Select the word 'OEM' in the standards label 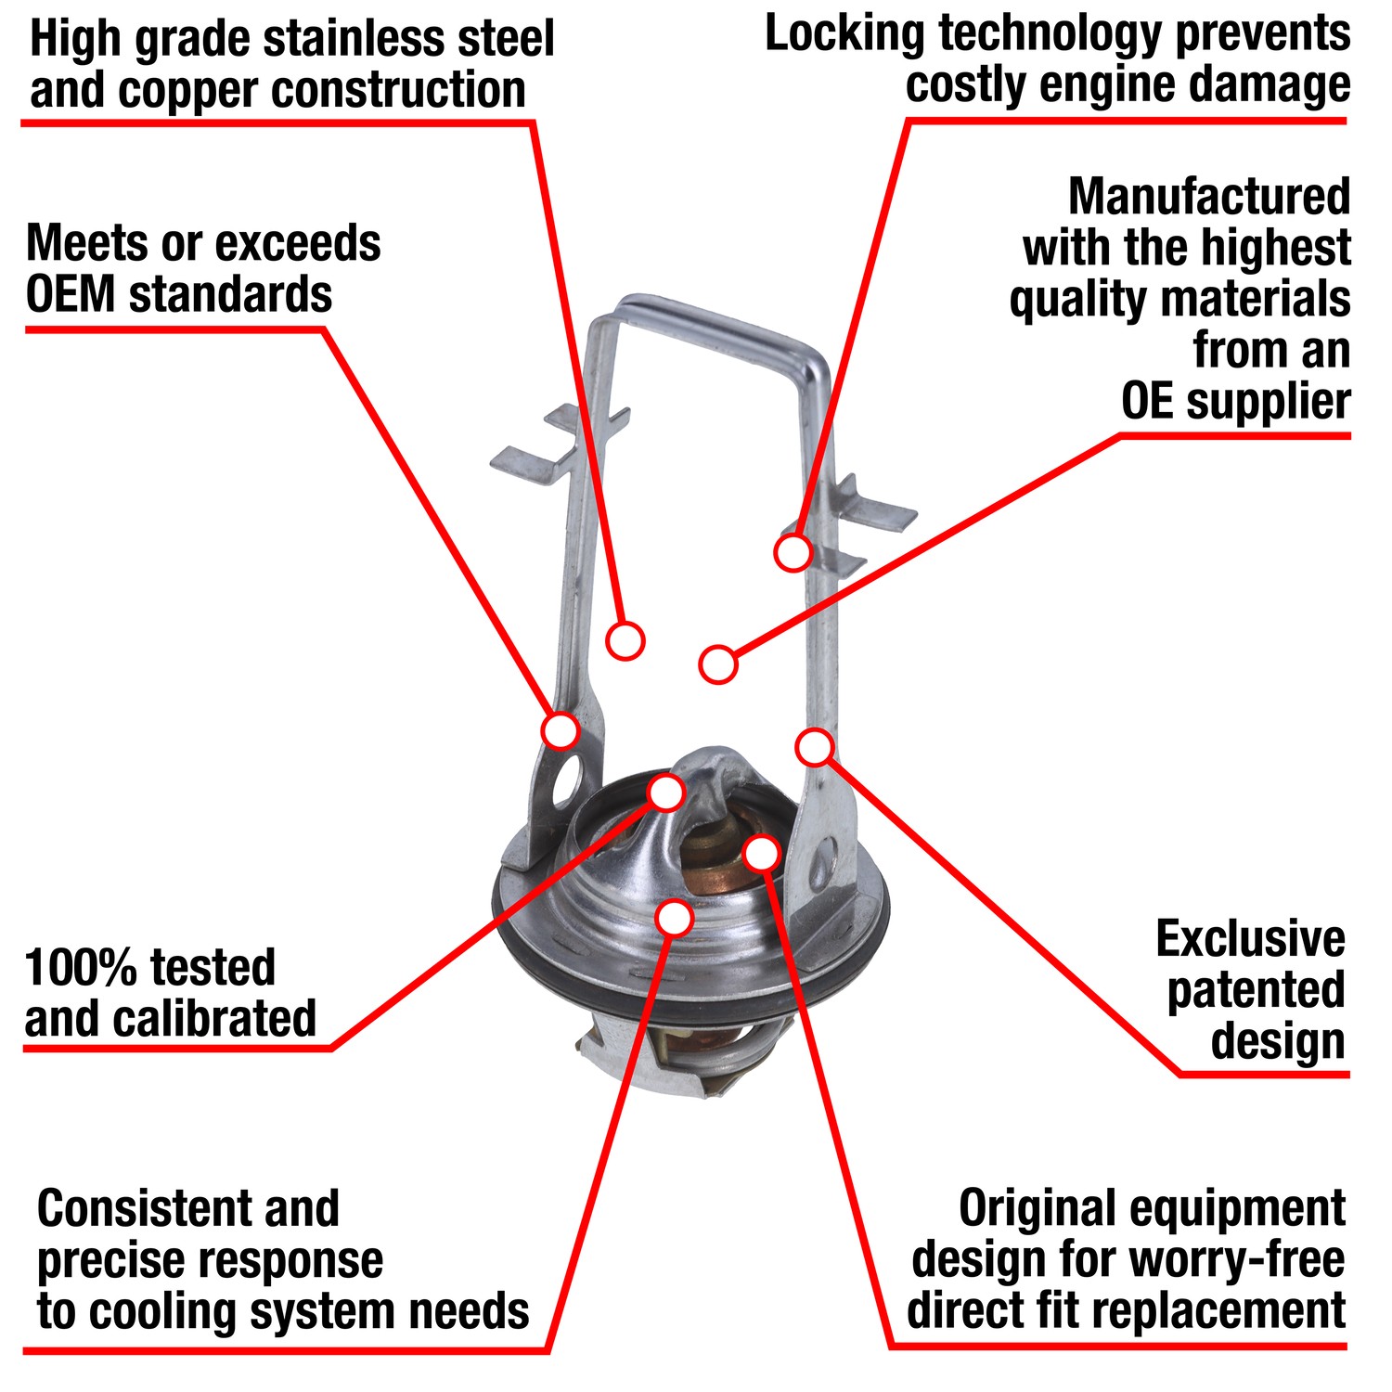(x=71, y=295)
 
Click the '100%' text (x=75, y=968)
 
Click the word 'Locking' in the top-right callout (x=844, y=35)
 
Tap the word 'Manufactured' (x=1208, y=197)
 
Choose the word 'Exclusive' (x=1249, y=939)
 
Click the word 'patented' (x=1255, y=990)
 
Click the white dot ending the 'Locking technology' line (x=793, y=552)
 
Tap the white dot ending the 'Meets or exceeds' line (x=561, y=730)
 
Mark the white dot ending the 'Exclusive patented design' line (x=815, y=746)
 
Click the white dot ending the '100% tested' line (x=666, y=793)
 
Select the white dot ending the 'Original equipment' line (x=762, y=853)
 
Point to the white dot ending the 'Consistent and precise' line (x=674, y=918)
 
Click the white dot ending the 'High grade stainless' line (x=625, y=640)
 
